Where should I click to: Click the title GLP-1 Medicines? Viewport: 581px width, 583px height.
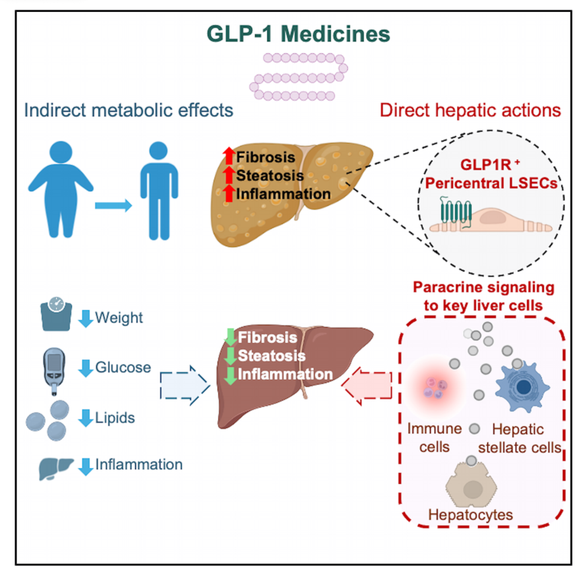298,34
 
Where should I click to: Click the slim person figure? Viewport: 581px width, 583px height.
159,191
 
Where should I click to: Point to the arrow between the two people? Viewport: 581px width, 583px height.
113,205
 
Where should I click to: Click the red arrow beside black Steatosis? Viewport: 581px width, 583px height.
229,175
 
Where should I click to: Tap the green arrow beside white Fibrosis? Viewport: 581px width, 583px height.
230,337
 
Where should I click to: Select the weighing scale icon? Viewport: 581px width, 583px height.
56,314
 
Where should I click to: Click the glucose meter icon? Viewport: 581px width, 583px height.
54,371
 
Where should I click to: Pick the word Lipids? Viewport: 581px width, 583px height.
115,417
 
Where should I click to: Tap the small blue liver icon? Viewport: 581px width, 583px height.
56,468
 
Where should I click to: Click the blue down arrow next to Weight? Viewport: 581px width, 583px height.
86,319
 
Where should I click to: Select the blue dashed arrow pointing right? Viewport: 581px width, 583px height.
185,386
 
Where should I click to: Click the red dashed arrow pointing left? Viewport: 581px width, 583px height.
367,386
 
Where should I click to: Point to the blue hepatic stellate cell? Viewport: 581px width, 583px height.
522,387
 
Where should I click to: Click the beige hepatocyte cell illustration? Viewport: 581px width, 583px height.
472,485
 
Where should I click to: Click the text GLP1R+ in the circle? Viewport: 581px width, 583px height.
490,165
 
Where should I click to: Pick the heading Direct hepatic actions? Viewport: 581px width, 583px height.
470,110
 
